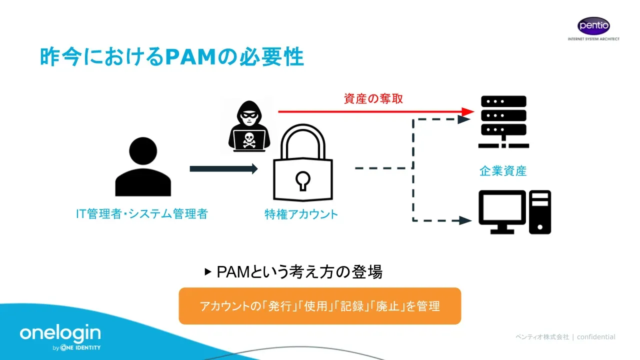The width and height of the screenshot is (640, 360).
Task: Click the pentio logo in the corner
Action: [x=593, y=26]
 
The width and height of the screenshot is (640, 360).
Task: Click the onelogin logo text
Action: [x=60, y=333]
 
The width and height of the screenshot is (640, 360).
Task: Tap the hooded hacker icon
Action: [x=249, y=125]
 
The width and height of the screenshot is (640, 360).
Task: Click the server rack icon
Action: [x=503, y=121]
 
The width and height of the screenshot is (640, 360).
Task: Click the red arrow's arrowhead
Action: [x=467, y=111]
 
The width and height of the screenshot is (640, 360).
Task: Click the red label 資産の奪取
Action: [x=373, y=98]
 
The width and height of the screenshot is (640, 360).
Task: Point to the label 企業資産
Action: [x=503, y=171]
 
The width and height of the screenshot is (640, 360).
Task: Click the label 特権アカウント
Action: [x=301, y=214]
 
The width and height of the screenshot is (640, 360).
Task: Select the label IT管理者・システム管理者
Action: [x=141, y=214]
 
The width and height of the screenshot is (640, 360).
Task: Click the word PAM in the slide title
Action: [x=192, y=57]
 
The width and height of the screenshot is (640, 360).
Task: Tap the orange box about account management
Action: [x=319, y=306]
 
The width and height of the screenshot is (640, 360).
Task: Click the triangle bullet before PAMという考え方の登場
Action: [x=208, y=272]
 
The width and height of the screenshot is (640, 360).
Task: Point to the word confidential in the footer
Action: [x=596, y=337]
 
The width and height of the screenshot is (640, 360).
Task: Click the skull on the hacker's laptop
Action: [x=248, y=140]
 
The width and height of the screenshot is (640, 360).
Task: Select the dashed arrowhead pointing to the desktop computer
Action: [x=465, y=220]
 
